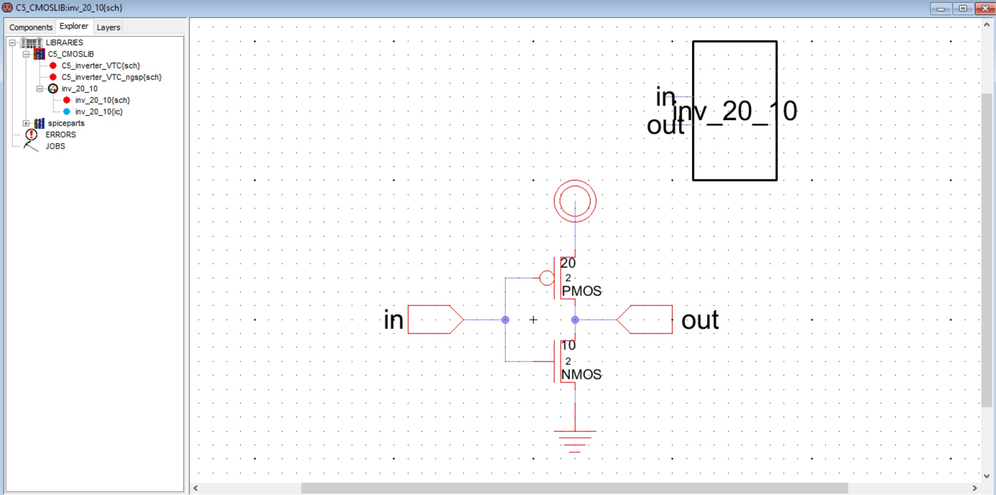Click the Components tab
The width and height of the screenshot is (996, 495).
tap(31, 27)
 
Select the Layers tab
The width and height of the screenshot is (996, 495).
tap(108, 27)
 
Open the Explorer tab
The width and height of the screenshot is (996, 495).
tap(74, 26)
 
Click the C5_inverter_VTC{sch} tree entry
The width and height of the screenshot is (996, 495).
tap(101, 66)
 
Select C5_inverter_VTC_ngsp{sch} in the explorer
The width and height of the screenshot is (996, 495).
tap(111, 77)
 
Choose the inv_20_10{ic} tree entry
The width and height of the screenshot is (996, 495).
tap(99, 112)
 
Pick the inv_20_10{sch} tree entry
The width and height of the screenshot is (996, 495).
tap(102, 100)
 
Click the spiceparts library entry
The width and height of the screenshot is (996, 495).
tap(66, 123)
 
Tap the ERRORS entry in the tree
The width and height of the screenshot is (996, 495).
tap(60, 135)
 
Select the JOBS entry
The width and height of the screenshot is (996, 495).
tap(55, 146)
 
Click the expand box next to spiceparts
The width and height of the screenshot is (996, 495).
tap(26, 123)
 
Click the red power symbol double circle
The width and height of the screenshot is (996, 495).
tap(575, 201)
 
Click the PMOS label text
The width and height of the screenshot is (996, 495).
tap(581, 291)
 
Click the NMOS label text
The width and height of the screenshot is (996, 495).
tap(581, 375)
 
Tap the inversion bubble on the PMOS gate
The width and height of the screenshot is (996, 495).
tap(546, 278)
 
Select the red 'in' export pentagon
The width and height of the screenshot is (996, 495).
tap(435, 319)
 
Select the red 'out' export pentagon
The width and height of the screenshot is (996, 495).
tap(645, 319)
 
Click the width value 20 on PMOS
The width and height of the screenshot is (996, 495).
tap(568, 263)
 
